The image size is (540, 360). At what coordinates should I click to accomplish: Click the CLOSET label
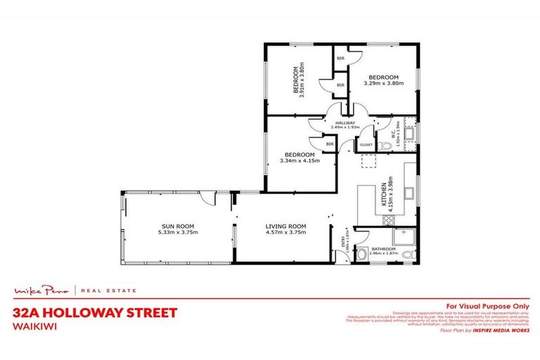tap(366, 145)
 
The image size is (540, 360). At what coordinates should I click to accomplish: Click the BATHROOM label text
tap(384, 249)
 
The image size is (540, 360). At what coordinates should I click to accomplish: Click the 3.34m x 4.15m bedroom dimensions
tap(298, 160)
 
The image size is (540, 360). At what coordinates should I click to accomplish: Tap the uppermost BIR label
tap(340, 58)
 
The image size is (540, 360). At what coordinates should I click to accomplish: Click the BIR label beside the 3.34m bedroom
tap(329, 143)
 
